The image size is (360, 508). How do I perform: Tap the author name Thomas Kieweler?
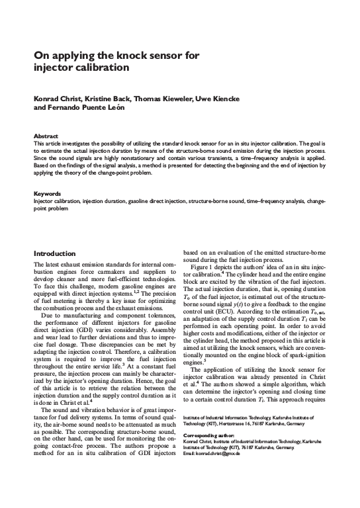coord(164,98)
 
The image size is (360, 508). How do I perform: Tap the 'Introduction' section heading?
coord(55,253)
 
